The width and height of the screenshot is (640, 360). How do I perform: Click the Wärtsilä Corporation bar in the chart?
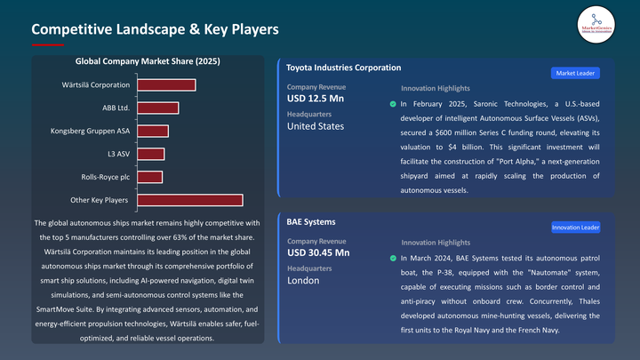pos(165,85)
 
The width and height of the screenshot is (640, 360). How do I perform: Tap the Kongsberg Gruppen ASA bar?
pos(152,132)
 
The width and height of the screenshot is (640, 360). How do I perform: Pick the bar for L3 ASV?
pos(150,154)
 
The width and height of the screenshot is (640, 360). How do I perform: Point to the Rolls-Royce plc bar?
pos(149,177)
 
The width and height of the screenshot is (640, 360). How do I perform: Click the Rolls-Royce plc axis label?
pos(106,177)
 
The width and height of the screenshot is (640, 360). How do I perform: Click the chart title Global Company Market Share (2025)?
pos(148,62)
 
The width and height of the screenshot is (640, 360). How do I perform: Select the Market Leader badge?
pos(575,73)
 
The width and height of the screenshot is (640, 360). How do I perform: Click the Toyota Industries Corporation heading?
pos(344,68)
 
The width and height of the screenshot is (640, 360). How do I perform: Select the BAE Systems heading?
pos(311,221)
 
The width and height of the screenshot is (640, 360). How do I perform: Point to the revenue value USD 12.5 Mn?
pos(316,98)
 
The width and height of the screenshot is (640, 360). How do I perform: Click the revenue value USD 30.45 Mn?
pos(318,252)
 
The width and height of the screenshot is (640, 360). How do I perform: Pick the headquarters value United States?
pos(316,126)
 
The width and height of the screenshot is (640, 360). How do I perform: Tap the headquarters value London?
pos(303,280)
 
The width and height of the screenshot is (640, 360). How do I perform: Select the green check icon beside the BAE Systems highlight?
pos(393,259)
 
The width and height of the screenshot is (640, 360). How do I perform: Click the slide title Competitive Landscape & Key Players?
pos(156,29)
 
